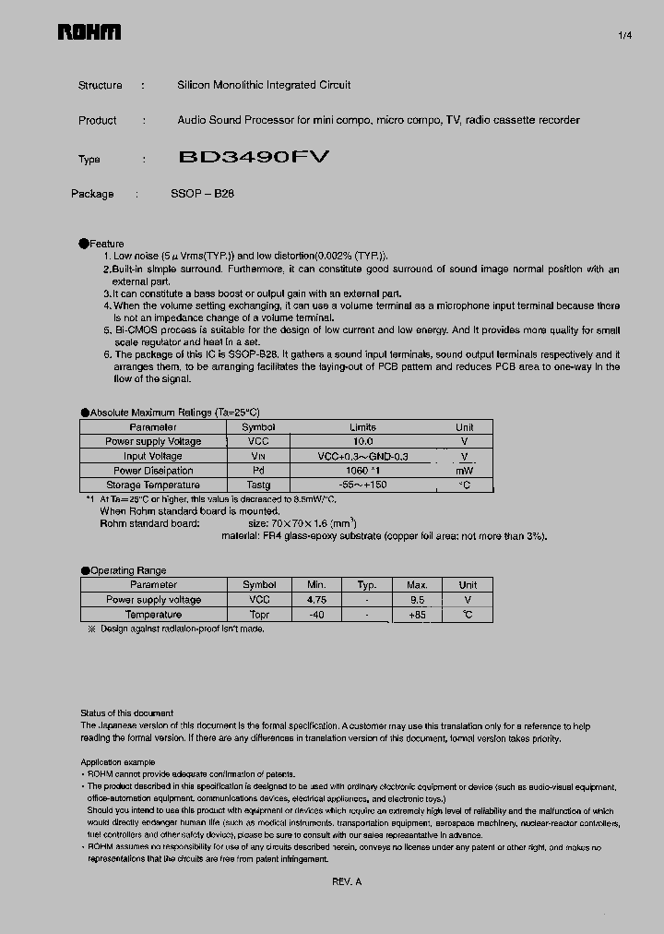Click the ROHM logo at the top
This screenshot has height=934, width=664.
click(x=89, y=34)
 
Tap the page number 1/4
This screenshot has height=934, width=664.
click(x=624, y=36)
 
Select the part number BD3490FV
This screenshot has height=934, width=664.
click(x=253, y=158)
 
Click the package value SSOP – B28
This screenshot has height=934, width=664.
click(x=202, y=194)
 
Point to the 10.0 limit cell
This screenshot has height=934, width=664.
click(x=363, y=442)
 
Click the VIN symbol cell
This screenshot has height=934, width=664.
click(x=258, y=457)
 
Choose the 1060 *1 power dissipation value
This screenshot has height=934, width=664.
click(x=363, y=471)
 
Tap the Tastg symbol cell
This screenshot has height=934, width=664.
click(x=258, y=485)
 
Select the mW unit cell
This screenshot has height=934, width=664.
click(x=465, y=471)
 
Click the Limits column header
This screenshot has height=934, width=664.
click(x=363, y=427)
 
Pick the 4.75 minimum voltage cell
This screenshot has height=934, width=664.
click(x=317, y=600)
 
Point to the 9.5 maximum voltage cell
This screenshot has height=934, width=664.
click(x=417, y=600)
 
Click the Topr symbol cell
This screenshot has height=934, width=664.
click(x=259, y=615)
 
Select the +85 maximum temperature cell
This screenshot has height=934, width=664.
click(x=417, y=615)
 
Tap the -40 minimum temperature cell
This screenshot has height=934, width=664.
click(x=317, y=615)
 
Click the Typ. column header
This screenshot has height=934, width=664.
click(x=367, y=585)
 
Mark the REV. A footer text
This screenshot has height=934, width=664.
click(x=347, y=882)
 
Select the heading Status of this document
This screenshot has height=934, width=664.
click(x=126, y=713)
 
